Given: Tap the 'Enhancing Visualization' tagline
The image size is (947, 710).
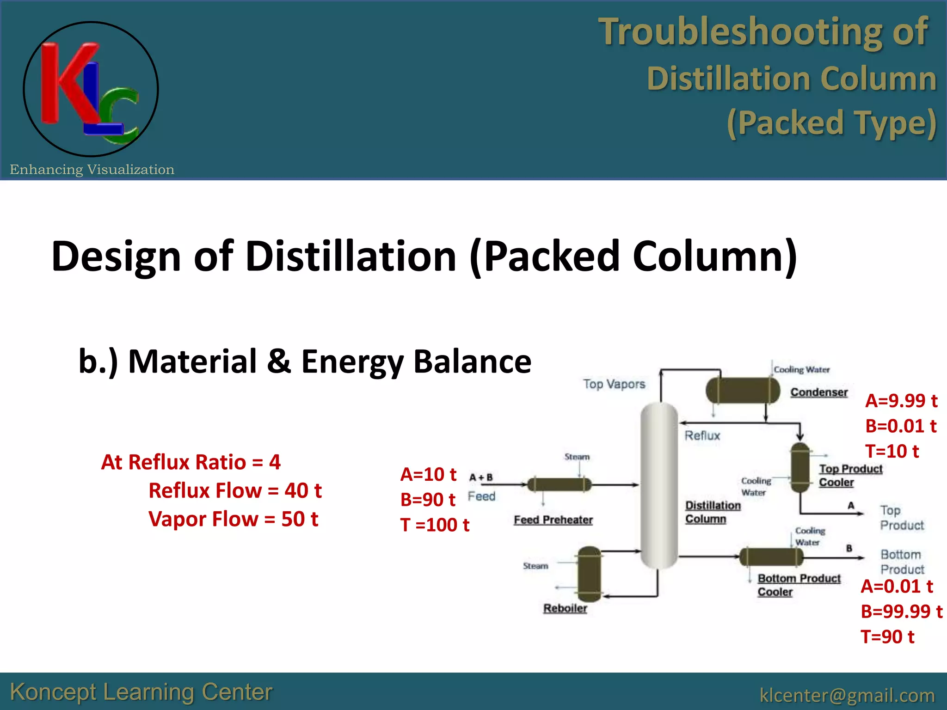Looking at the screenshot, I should [x=92, y=170].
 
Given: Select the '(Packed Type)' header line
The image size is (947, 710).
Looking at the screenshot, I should [x=831, y=123].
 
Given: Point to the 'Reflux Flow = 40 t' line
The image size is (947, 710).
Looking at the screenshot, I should [x=235, y=490].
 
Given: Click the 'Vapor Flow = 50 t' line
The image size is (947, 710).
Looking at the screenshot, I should [x=233, y=519].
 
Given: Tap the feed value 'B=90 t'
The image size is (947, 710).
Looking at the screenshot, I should [x=428, y=500].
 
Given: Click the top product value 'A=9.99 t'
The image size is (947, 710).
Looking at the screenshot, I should [x=901, y=401].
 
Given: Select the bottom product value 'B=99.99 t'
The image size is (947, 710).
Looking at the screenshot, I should [x=901, y=612].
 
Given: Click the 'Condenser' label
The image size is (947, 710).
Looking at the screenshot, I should [x=819, y=392].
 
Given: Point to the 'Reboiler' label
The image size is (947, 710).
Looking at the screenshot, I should [x=565, y=608].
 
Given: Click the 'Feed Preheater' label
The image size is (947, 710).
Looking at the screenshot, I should [x=553, y=520].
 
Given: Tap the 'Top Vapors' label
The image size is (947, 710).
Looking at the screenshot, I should [x=614, y=384].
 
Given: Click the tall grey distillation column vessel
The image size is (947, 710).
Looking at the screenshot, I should [x=658, y=485].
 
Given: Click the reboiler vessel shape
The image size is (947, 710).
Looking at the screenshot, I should [x=590, y=574].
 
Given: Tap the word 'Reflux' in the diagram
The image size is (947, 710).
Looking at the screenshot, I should [x=702, y=435].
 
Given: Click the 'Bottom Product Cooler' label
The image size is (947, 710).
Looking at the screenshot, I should [x=798, y=585].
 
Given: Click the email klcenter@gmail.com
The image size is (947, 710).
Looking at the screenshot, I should [x=847, y=695].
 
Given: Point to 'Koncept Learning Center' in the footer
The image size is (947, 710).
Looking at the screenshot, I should [x=141, y=692].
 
